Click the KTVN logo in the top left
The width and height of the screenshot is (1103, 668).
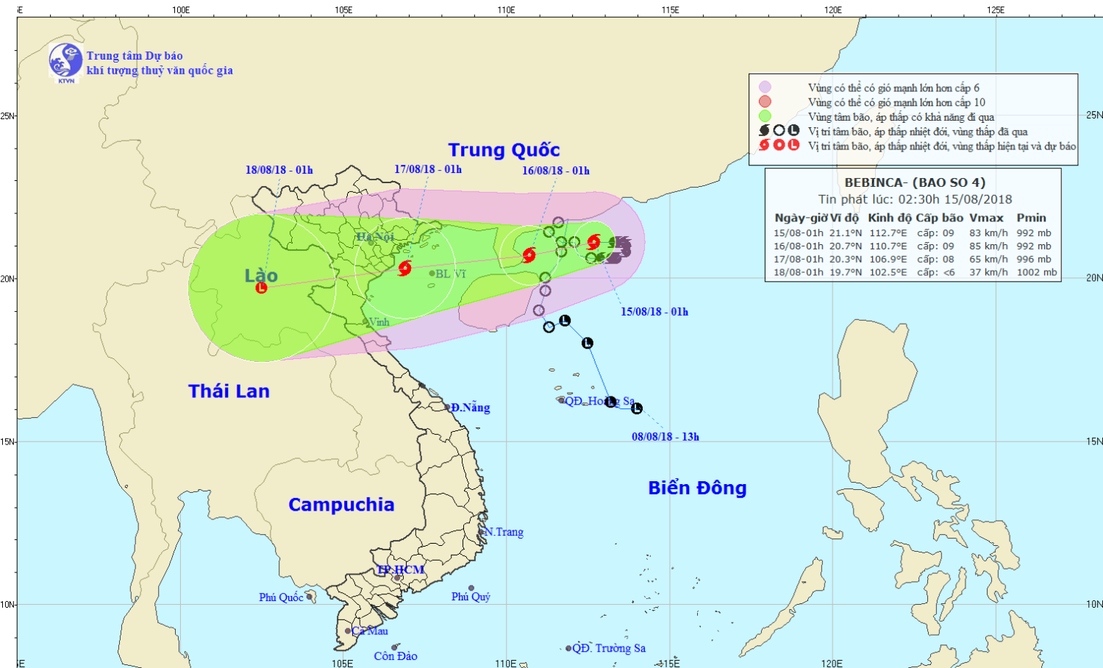click(x=65, y=61)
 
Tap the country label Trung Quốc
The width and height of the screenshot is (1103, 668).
click(x=504, y=150)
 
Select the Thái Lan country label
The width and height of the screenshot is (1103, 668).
click(x=229, y=391)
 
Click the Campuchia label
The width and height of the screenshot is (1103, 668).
click(x=341, y=505)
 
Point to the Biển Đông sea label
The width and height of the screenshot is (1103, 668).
click(x=697, y=488)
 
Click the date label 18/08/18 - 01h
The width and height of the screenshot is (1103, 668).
click(x=279, y=170)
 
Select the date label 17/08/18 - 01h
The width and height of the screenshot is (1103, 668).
click(x=428, y=169)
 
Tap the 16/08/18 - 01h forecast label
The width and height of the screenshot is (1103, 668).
click(x=556, y=171)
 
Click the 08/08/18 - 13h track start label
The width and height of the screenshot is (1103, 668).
click(x=665, y=437)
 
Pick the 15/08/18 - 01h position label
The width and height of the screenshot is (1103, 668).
click(x=654, y=312)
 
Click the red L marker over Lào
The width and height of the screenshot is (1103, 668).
click(x=261, y=288)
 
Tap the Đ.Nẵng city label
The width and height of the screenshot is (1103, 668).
click(x=471, y=408)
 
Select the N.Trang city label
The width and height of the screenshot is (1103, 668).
click(x=504, y=532)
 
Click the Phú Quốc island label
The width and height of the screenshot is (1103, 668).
click(x=281, y=597)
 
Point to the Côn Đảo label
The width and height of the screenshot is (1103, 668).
click(x=396, y=656)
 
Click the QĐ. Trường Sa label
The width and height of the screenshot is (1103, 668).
click(x=609, y=648)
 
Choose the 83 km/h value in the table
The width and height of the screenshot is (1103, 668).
click(x=988, y=233)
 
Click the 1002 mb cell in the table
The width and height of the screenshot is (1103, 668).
click(x=1037, y=272)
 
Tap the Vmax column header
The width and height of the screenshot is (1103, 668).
click(x=986, y=218)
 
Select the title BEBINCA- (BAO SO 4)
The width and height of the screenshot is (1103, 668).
click(x=915, y=182)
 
